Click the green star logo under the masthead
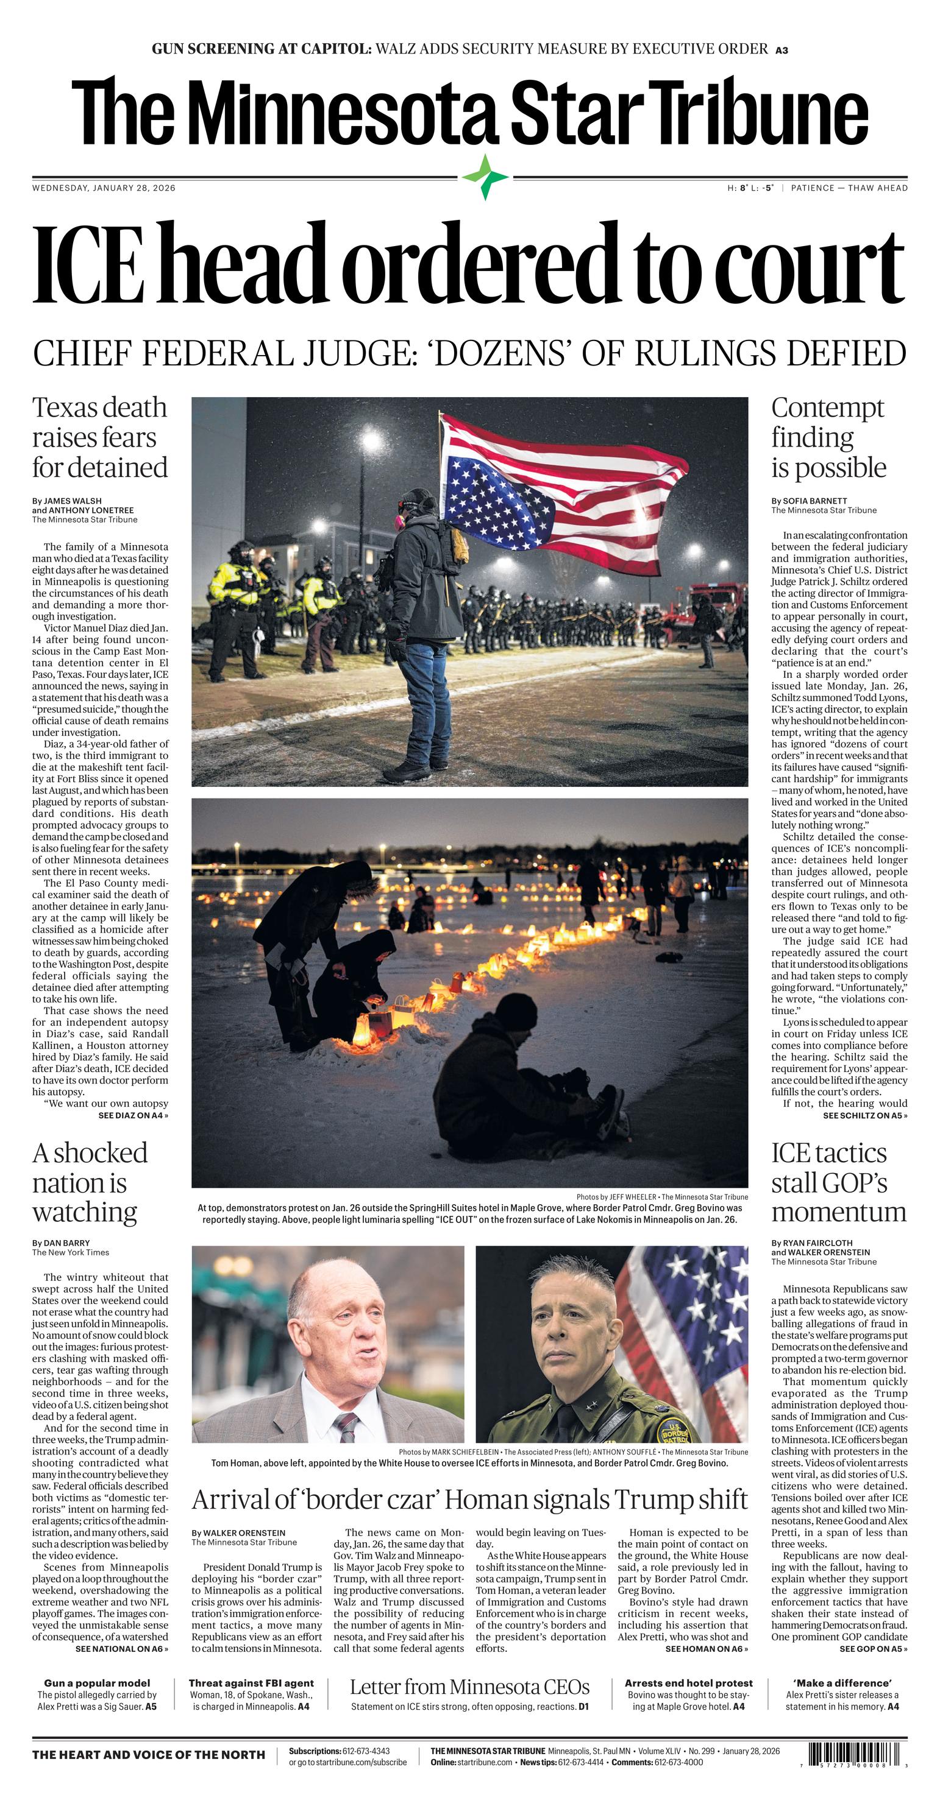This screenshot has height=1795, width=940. [486, 178]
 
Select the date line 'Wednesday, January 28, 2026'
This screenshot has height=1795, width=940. [104, 188]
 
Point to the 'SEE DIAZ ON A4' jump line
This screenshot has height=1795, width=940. [133, 1116]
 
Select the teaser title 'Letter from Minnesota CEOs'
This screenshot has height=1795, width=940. [469, 1687]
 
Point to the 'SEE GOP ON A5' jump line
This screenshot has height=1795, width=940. [873, 1649]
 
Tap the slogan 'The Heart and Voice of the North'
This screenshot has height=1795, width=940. [149, 1755]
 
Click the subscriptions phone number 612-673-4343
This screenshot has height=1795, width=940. [366, 1751]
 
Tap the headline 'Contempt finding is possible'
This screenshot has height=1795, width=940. [828, 437]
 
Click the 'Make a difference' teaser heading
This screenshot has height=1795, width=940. [842, 1683]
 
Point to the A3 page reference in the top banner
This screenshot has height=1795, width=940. [782, 50]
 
